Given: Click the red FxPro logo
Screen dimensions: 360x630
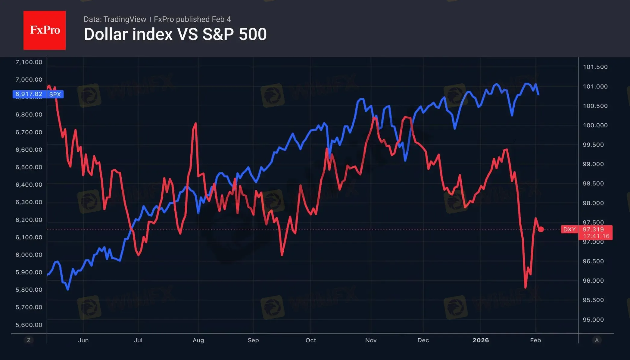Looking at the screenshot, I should (x=45, y=30).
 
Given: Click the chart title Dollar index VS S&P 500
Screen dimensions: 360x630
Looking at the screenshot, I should (x=175, y=34).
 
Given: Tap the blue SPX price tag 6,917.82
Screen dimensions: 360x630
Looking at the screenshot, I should (x=38, y=94).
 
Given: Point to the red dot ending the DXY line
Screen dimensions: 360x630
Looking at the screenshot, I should (x=541, y=229).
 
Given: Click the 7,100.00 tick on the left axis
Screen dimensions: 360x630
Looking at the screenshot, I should (x=29, y=62).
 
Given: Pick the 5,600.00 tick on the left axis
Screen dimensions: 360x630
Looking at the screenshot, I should (x=29, y=325).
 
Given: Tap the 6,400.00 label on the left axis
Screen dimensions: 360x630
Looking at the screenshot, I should (x=29, y=185).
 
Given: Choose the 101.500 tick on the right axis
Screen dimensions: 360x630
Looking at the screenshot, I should (x=595, y=67).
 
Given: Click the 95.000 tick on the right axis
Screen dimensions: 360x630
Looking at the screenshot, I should (x=593, y=320).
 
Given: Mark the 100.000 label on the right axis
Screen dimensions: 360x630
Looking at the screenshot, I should (x=595, y=125).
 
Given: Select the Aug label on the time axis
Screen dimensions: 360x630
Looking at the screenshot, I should (x=198, y=340).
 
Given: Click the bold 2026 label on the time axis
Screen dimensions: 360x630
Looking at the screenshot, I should (x=481, y=340).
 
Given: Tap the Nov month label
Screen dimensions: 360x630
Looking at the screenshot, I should (x=371, y=340).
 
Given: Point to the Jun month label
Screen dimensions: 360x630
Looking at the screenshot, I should (x=83, y=340).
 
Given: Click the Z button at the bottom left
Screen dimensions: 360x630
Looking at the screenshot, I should (x=29, y=340).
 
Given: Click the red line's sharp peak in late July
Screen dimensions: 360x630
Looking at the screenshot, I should (x=196, y=123).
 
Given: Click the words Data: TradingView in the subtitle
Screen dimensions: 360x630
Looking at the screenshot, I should (x=115, y=19).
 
